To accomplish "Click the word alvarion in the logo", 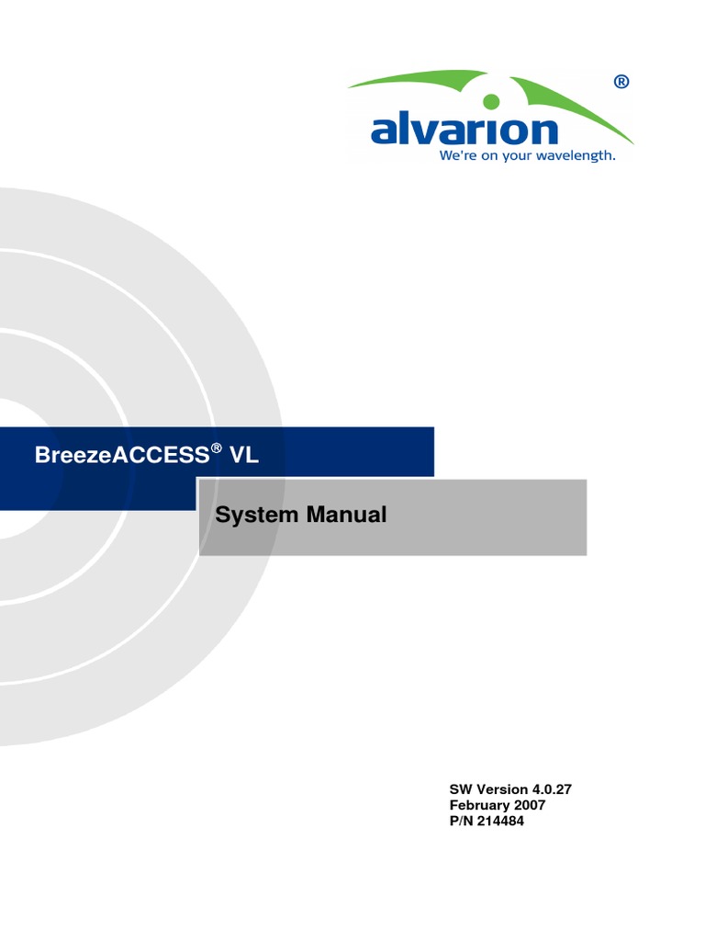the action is pyautogui.click(x=464, y=129).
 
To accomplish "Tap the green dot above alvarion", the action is pyautogui.click(x=491, y=101).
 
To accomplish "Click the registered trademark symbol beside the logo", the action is pyautogui.click(x=621, y=82).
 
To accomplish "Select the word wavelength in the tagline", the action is pyautogui.click(x=576, y=156).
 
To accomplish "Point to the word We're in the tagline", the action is pyautogui.click(x=458, y=155).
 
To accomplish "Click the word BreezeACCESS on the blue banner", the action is pyautogui.click(x=122, y=455).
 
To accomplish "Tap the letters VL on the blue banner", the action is pyautogui.click(x=244, y=455).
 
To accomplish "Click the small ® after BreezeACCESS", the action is pyautogui.click(x=217, y=448).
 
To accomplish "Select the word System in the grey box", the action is pyautogui.click(x=257, y=516).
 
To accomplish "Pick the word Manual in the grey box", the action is pyautogui.click(x=346, y=515).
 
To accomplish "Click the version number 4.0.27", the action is pyautogui.click(x=552, y=789).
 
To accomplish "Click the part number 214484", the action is pyautogui.click(x=500, y=821).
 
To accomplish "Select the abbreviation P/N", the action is pyautogui.click(x=461, y=821).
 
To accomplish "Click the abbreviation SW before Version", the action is pyautogui.click(x=461, y=789).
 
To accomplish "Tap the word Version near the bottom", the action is pyautogui.click(x=502, y=789).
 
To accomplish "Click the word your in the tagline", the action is pyautogui.click(x=518, y=156).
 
